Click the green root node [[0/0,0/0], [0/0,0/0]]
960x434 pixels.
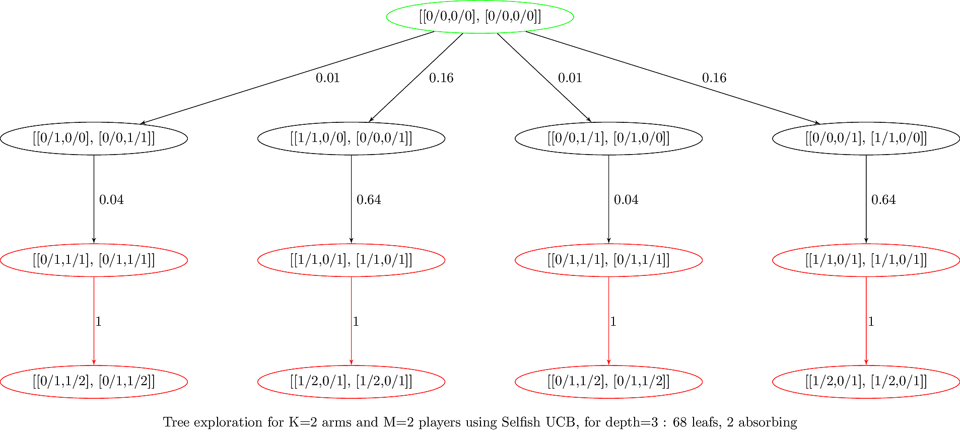[x=480, y=17]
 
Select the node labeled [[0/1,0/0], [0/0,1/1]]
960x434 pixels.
[x=94, y=138]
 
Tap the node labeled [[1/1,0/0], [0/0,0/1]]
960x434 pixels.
[x=351, y=138]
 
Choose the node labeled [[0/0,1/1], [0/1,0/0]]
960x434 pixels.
[x=608, y=138]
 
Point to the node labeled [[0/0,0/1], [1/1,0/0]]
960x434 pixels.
[x=866, y=138]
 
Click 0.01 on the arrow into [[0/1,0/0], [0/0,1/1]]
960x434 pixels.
[x=327, y=78]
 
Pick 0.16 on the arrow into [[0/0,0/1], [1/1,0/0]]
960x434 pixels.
[x=714, y=78]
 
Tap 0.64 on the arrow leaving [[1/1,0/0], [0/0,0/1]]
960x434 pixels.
[x=369, y=200]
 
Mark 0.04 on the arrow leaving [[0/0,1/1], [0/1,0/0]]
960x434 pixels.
[x=626, y=200]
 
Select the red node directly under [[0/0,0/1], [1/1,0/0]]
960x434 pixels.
[x=866, y=260]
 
